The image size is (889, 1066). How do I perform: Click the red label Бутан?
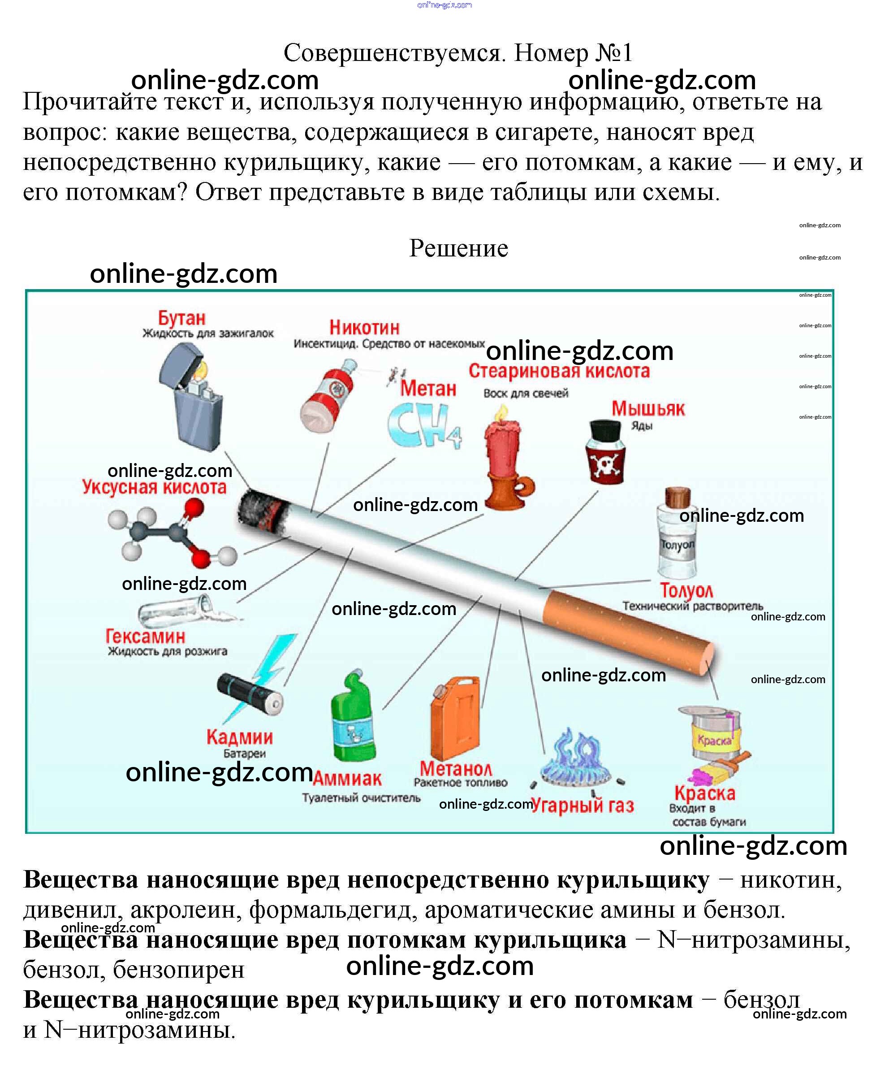pyautogui.click(x=181, y=318)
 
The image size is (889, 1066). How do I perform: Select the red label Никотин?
pyautogui.click(x=364, y=327)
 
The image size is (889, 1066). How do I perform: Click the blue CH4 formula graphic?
pyautogui.click(x=424, y=425)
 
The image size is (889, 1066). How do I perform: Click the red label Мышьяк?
pyautogui.click(x=647, y=409)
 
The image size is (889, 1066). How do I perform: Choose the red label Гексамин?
pyautogui.click(x=145, y=637)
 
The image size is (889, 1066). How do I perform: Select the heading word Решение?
pyautogui.click(x=458, y=248)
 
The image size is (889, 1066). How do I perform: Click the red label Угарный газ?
pyautogui.click(x=582, y=806)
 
